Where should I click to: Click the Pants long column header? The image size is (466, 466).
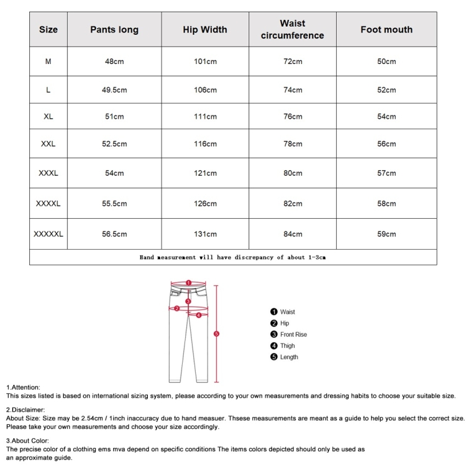[x=114, y=29]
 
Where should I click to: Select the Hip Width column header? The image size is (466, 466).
[x=205, y=29]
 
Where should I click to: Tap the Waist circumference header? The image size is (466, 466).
[x=292, y=29]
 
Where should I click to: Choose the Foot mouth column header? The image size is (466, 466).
[x=386, y=29]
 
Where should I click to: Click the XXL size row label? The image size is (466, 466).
[x=48, y=144]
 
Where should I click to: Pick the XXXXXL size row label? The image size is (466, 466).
[x=48, y=234]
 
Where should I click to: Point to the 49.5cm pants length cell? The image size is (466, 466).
[x=114, y=90]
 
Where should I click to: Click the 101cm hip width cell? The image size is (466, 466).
[x=205, y=62]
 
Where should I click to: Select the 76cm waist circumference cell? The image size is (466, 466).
[x=293, y=117]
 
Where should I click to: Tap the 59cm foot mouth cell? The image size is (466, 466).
[x=386, y=234]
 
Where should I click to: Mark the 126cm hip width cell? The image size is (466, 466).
[x=205, y=203]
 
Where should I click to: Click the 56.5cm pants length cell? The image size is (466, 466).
[x=114, y=234]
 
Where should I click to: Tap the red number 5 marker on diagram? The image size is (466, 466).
[x=216, y=334]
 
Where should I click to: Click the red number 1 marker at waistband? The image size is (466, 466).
[x=188, y=282]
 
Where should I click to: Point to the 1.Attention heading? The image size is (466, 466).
[x=23, y=387]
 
